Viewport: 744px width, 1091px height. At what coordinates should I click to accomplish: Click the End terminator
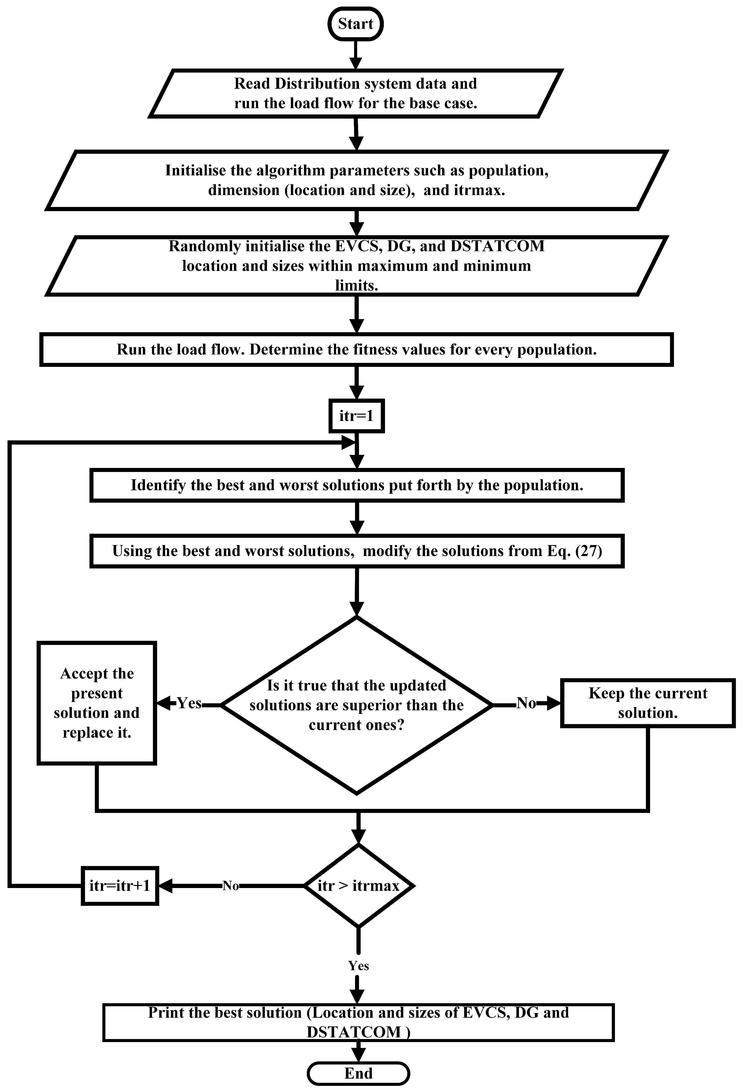tap(358, 1073)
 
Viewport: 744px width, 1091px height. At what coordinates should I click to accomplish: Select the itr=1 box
tap(356, 416)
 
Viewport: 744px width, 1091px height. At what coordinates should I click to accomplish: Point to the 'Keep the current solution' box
tap(648, 703)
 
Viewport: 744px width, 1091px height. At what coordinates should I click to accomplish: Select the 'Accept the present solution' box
tap(97, 703)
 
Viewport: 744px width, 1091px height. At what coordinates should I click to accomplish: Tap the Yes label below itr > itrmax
tap(358, 966)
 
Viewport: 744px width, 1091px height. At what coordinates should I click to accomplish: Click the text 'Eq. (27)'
tap(574, 551)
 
